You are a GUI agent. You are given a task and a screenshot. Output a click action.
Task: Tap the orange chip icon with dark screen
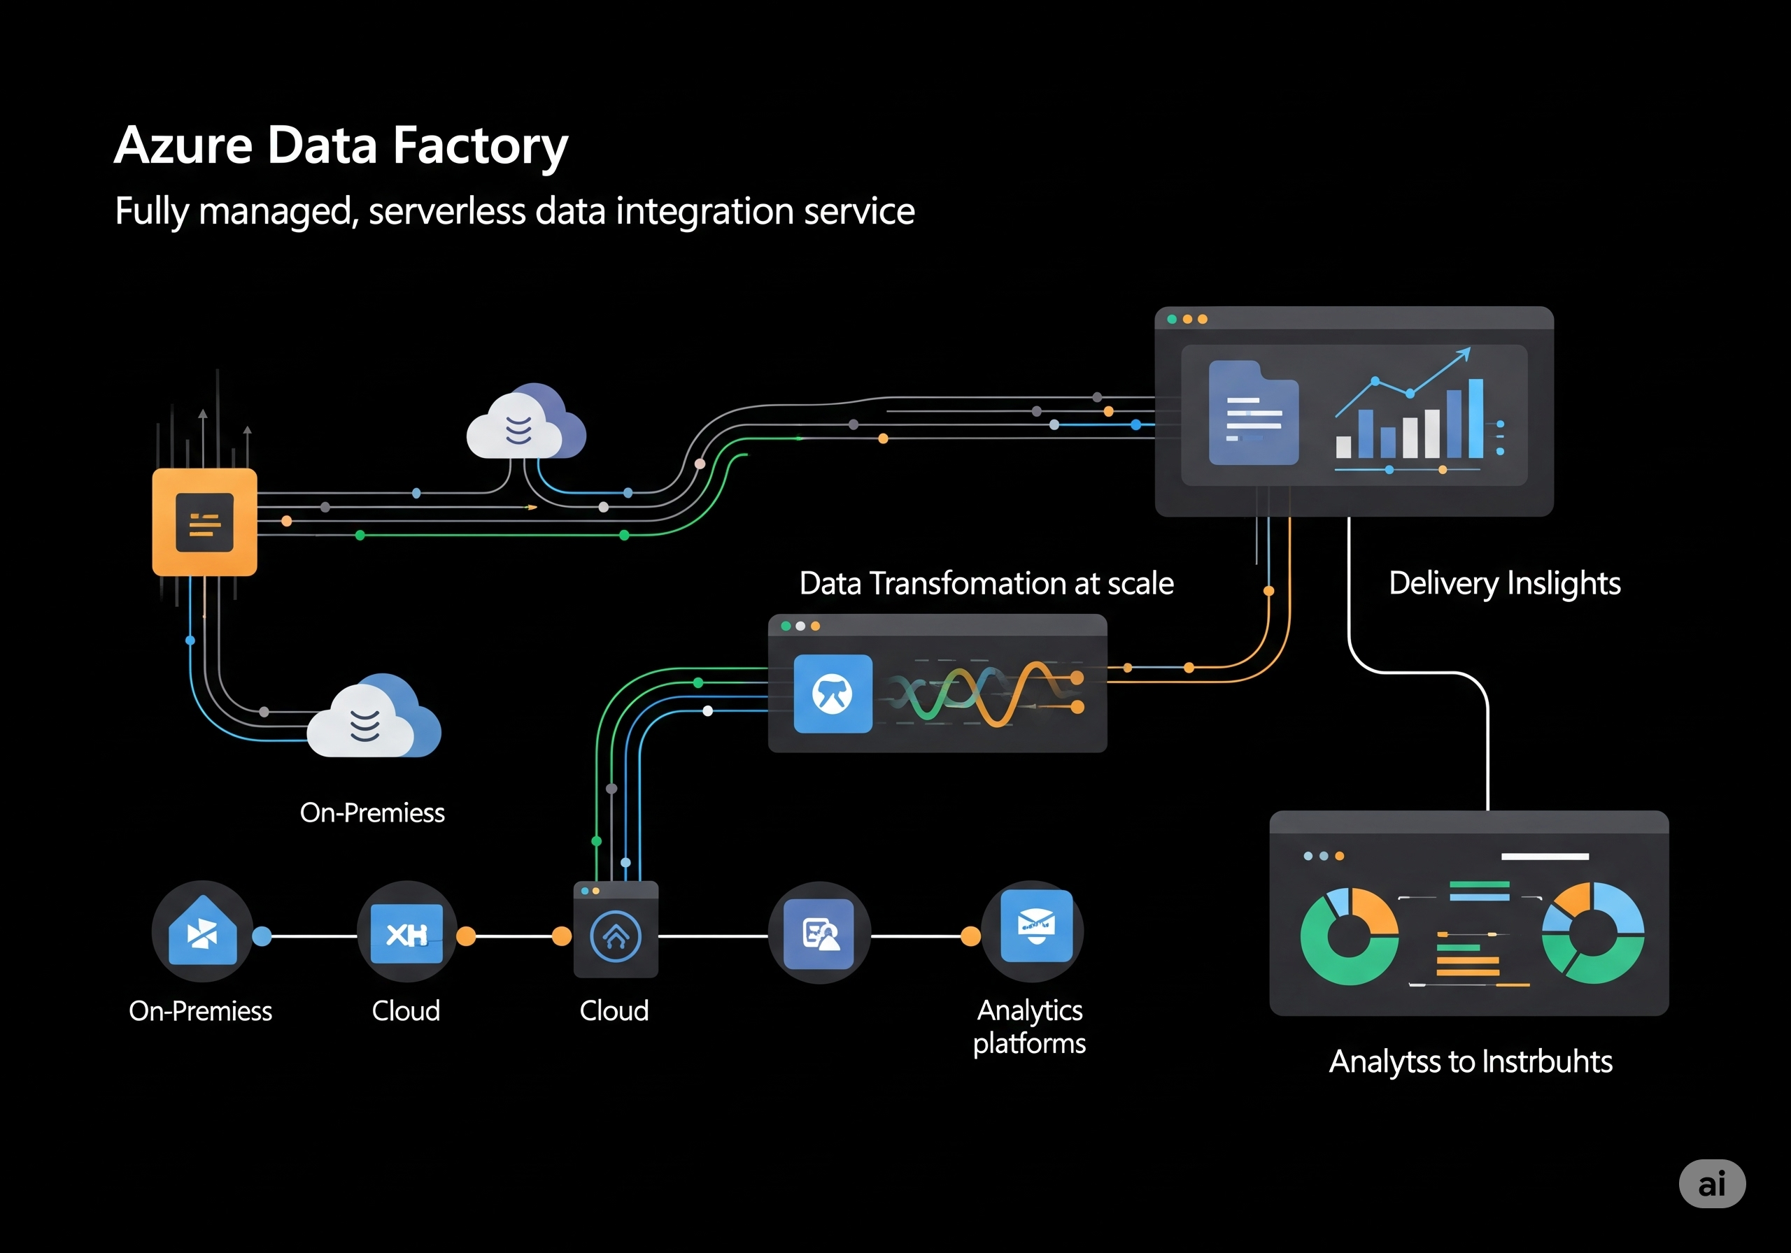click(204, 522)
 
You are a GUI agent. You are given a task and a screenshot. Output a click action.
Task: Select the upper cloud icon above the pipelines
click(524, 424)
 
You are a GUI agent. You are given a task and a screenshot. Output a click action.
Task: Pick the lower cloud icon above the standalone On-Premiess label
click(373, 718)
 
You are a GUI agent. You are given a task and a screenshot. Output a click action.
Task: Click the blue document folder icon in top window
click(1253, 414)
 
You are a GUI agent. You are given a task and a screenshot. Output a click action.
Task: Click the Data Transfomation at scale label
click(986, 583)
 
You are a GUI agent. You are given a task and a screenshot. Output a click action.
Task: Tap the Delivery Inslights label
click(1504, 583)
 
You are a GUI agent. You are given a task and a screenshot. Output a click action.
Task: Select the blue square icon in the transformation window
click(833, 693)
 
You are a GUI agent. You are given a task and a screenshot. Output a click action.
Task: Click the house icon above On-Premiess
click(202, 932)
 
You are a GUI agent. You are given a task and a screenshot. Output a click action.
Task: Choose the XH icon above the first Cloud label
click(406, 933)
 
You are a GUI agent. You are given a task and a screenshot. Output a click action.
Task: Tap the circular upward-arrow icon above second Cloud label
click(616, 936)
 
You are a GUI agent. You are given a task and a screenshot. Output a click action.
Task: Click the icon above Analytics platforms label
click(1036, 926)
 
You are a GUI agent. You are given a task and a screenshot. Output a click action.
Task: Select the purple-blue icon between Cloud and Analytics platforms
click(819, 933)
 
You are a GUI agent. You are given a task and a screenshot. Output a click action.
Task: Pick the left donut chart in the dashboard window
click(1349, 936)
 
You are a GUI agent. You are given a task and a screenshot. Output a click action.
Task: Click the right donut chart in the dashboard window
click(1593, 933)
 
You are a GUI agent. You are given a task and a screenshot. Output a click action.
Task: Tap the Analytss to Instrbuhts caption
click(1470, 1062)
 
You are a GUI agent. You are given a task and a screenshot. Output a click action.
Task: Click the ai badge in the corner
click(1711, 1184)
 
